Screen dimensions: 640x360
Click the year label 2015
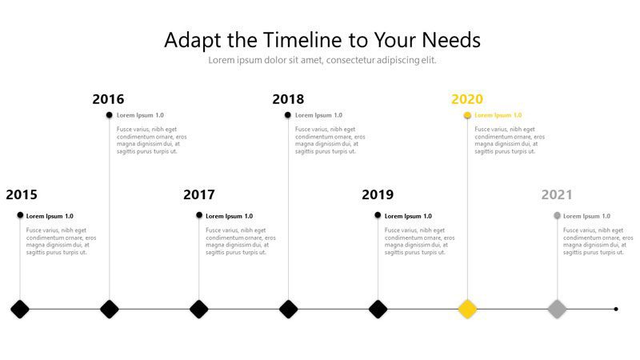pyautogui.click(x=22, y=194)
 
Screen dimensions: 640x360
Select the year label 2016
pyautogui.click(x=108, y=98)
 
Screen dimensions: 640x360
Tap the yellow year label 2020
pyautogui.click(x=467, y=98)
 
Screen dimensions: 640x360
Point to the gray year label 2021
pyautogui.click(x=557, y=194)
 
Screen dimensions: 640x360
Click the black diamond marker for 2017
pyautogui.click(x=198, y=309)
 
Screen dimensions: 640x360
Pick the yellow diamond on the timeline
pyautogui.click(x=467, y=309)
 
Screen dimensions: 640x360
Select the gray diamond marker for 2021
pyautogui.click(x=557, y=309)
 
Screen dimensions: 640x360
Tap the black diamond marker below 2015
pyautogui.click(x=20, y=309)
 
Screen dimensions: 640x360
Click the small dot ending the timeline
pyautogui.click(x=616, y=309)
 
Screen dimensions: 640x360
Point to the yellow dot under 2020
pyautogui.click(x=467, y=115)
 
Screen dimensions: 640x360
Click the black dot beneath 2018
pyautogui.click(x=288, y=115)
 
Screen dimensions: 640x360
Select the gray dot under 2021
pyautogui.click(x=557, y=215)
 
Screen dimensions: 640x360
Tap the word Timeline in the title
pyautogui.click(x=302, y=40)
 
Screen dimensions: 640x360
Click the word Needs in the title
pyautogui.click(x=451, y=40)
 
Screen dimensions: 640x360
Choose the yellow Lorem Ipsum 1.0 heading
pyautogui.click(x=498, y=115)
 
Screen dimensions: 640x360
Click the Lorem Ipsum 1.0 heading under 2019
pyautogui.click(x=408, y=216)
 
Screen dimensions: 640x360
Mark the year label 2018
pyautogui.click(x=288, y=98)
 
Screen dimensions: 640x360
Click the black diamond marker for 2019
pyautogui.click(x=378, y=309)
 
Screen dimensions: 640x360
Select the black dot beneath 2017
pyautogui.click(x=199, y=215)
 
